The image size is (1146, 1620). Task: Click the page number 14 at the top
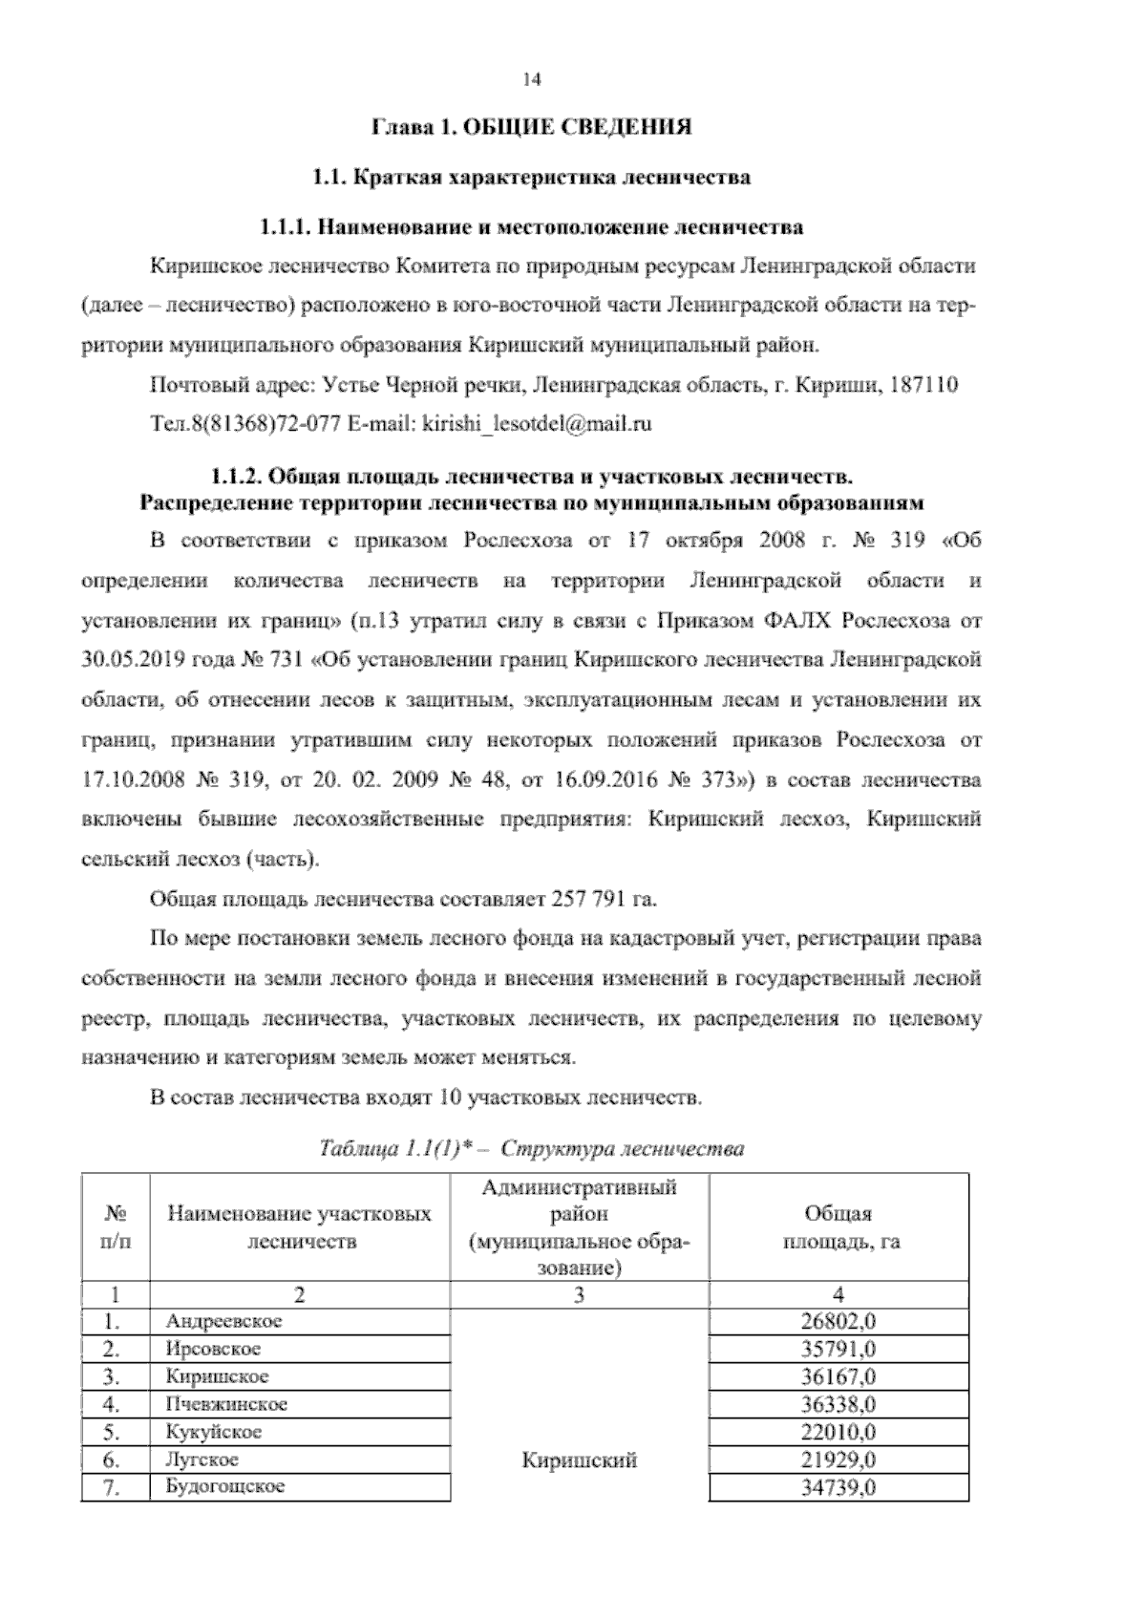(532, 80)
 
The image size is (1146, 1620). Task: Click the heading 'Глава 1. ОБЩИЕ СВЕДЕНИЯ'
(531, 127)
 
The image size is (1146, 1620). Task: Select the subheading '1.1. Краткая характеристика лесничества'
(532, 178)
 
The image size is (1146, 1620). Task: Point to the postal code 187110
(923, 385)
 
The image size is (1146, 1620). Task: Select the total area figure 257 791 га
(605, 900)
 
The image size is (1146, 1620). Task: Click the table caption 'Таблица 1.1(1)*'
(398, 1148)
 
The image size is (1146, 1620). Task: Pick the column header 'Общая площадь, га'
(838, 1227)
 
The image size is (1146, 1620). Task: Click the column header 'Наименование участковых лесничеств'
(300, 1227)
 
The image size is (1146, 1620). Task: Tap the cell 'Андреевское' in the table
(223, 1321)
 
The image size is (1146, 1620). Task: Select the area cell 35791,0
(838, 1349)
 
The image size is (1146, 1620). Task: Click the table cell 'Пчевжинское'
(226, 1404)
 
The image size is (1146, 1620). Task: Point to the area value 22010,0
(838, 1432)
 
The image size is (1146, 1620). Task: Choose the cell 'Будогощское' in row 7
(225, 1486)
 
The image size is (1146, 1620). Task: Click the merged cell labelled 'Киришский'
(580, 1460)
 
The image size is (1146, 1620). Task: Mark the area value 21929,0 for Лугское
(838, 1460)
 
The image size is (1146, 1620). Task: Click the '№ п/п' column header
(116, 1227)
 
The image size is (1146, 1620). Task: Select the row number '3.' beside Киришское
(113, 1376)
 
